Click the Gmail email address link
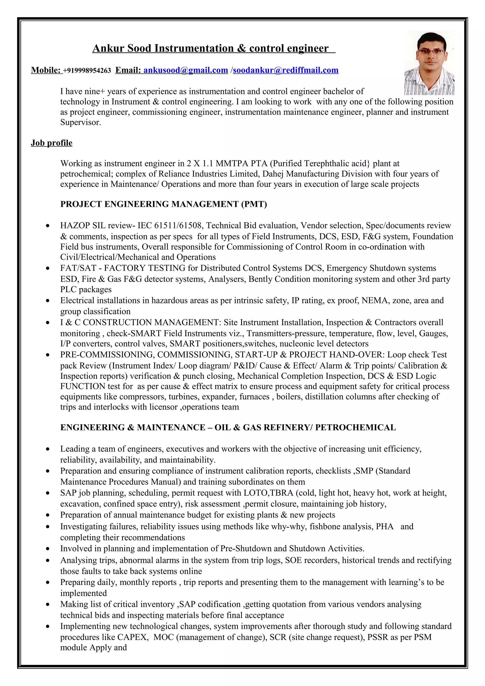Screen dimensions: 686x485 (x=186, y=70)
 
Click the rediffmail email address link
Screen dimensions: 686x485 (x=285, y=70)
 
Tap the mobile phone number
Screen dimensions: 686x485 (x=87, y=71)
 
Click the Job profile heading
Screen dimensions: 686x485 (x=51, y=143)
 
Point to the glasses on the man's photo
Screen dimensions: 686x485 (x=431, y=51)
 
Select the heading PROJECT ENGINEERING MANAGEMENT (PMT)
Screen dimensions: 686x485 (x=163, y=204)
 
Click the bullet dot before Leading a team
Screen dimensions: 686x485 (x=48, y=449)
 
